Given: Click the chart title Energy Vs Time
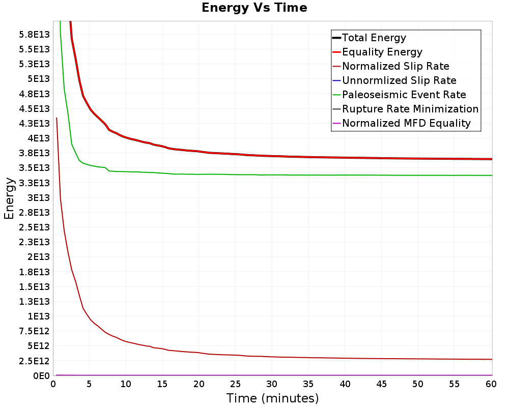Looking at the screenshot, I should pyautogui.click(x=254, y=8).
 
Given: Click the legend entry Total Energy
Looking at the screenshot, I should pyautogui.click(x=374, y=38).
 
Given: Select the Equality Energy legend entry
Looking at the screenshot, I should pyautogui.click(x=382, y=52).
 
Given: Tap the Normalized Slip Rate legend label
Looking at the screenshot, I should pyautogui.click(x=395, y=66).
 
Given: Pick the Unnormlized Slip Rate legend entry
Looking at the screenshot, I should pyautogui.click(x=399, y=80).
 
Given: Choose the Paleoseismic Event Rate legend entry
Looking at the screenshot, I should pyautogui.click(x=404, y=95).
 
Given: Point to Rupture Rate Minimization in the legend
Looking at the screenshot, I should pyautogui.click(x=410, y=109).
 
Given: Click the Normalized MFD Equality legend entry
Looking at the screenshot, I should pyautogui.click(x=406, y=123).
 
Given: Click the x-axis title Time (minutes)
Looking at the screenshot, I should pyautogui.click(x=272, y=398).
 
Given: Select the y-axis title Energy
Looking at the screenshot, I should pyautogui.click(x=9, y=198).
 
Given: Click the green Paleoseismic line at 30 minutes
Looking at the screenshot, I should pyautogui.click(x=272, y=175).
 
